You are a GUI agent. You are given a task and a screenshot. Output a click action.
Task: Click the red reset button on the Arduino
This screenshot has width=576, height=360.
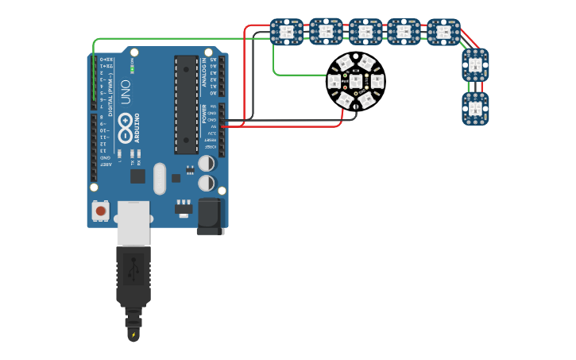101,211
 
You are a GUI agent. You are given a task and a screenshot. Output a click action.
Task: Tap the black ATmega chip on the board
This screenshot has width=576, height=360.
186,104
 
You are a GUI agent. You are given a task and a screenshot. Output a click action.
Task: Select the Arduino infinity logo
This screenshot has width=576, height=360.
126,125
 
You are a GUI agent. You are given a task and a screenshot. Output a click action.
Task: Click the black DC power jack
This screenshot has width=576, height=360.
211,216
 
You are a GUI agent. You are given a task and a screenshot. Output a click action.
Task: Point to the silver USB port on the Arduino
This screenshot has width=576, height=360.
133,223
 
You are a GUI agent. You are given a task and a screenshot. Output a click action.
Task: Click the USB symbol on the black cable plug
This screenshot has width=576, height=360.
133,270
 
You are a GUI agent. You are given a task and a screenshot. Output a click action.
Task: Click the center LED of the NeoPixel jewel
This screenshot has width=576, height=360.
356,80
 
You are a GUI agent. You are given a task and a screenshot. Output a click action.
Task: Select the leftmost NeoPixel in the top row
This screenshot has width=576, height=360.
286,32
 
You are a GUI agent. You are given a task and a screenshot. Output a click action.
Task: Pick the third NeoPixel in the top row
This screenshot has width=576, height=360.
365,32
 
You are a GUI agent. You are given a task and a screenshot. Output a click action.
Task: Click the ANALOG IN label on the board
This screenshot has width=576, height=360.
205,72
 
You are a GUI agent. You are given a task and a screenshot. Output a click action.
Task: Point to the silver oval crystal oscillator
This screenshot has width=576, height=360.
160,178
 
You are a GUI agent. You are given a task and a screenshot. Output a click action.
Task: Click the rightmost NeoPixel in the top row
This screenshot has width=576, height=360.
443,32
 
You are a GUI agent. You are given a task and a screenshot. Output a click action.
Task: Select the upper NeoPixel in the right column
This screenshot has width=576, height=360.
475,64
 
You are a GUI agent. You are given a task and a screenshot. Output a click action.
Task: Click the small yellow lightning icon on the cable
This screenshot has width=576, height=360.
133,335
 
